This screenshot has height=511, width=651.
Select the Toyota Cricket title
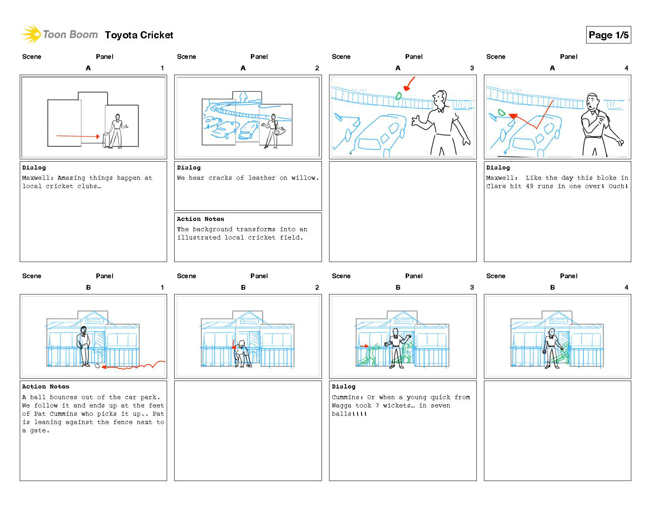point(139,35)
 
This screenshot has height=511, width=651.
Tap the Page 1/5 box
point(608,35)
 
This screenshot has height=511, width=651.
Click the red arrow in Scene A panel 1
point(78,136)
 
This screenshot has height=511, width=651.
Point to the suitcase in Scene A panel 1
point(106,140)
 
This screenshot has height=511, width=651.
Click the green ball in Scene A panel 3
point(399,96)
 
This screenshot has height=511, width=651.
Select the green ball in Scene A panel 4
point(501,113)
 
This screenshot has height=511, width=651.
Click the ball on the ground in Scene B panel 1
point(97,366)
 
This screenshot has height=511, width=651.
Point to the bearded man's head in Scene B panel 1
point(83,330)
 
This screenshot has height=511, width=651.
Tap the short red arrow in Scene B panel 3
point(364,346)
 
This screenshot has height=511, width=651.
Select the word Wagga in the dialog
point(342,405)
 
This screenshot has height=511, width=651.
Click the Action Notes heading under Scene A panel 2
point(200,219)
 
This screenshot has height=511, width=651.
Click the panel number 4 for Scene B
point(626,287)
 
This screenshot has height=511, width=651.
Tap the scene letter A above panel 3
point(398,68)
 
